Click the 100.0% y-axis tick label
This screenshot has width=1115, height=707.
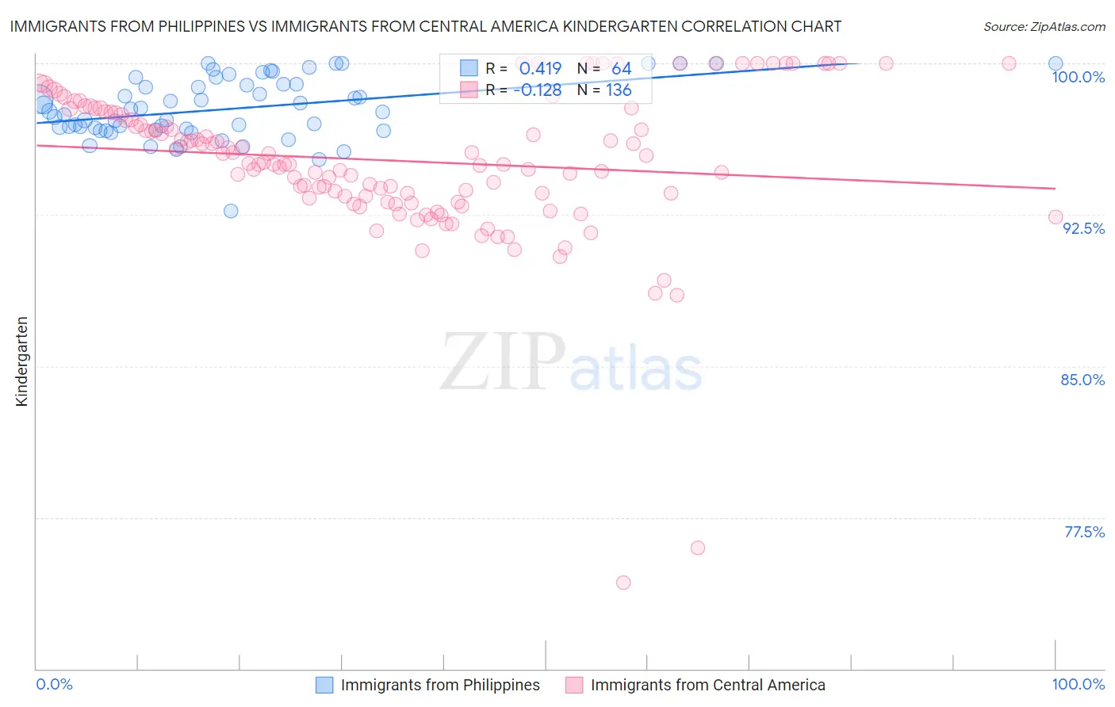tap(1078, 77)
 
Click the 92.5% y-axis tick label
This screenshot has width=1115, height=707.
tap(1083, 228)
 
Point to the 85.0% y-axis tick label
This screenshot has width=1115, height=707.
tap(1082, 380)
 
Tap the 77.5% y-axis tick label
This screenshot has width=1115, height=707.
tap(1084, 532)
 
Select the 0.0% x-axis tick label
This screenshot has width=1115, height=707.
tap(55, 684)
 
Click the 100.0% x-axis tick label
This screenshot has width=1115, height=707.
tap(1078, 684)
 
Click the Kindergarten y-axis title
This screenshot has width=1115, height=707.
tap(21, 361)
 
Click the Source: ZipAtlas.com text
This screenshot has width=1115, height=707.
tap(1044, 27)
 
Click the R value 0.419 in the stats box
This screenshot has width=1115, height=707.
tap(540, 69)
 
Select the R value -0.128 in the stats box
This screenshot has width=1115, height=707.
tap(537, 90)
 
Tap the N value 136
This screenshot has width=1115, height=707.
tap(619, 90)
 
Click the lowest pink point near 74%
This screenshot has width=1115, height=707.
tap(623, 583)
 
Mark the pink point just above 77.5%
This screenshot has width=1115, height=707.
tap(698, 548)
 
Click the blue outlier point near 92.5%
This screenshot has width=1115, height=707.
tap(231, 211)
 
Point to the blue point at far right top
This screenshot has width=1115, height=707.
tap(1056, 63)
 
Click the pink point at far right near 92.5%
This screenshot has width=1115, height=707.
tap(1056, 217)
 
